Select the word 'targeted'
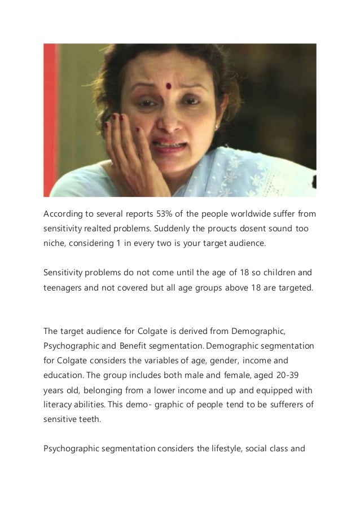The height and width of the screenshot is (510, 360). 290,289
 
